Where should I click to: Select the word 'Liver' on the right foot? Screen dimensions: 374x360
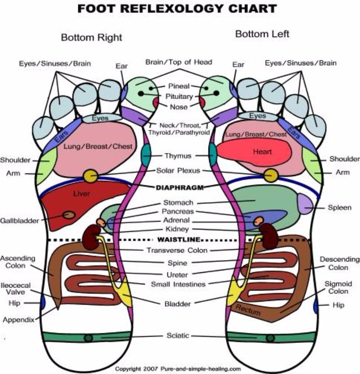[x=82, y=194]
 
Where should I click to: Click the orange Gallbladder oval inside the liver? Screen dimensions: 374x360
[x=69, y=215]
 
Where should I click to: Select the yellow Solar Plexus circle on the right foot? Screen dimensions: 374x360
[x=90, y=176]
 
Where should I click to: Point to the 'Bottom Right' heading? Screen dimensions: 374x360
[x=91, y=38]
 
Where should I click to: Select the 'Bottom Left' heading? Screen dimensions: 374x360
[x=262, y=34]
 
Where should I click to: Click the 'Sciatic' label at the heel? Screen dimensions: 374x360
[x=178, y=335]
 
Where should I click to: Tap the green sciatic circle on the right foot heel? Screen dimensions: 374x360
[x=89, y=338]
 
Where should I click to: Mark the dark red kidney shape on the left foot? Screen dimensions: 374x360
[x=270, y=238]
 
